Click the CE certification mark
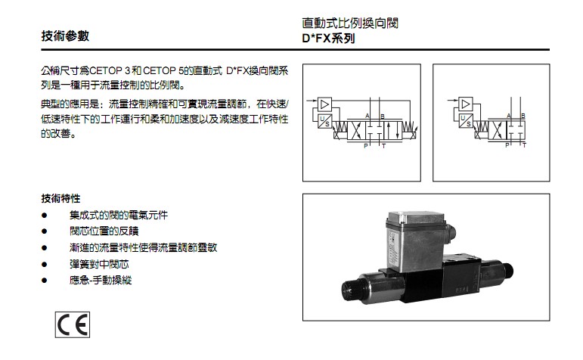pos(73,324)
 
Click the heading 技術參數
pos(66,36)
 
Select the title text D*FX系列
pos(328,39)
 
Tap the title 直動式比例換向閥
pos(350,23)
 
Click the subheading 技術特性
pos(60,199)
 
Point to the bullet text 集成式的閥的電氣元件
pos(119,215)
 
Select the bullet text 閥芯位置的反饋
pos(104,231)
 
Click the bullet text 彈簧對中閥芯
pos(99,264)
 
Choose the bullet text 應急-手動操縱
pos(101,280)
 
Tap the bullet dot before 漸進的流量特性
pos(45,247)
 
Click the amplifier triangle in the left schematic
pos(324,104)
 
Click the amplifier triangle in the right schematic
pos(466,104)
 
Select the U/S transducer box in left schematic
pos(324,121)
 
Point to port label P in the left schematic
pos(365,146)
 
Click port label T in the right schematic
pos(524,145)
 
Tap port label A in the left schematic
pos(367,116)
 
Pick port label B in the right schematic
pos(523,116)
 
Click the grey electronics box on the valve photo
pos(415,239)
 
